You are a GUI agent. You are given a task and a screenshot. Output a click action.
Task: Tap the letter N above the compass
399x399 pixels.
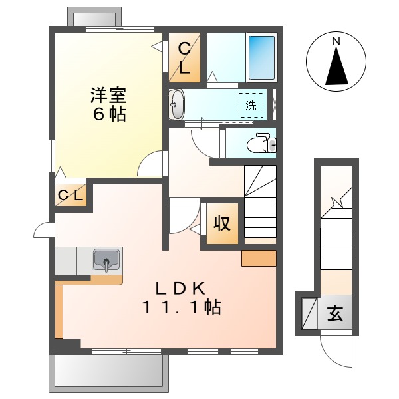tap(336, 41)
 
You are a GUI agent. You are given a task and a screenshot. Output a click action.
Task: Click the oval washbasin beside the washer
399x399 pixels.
tap(177, 105)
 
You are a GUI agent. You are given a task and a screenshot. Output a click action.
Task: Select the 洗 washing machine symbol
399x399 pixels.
tap(251, 105)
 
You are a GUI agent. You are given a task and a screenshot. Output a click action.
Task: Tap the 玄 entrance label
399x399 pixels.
tap(336, 313)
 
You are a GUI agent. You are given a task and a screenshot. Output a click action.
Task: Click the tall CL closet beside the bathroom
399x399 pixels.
tap(184, 58)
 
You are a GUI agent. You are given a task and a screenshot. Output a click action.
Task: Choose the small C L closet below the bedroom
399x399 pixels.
tap(70, 196)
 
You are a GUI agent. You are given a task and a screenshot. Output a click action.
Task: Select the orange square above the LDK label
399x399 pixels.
tap(259, 259)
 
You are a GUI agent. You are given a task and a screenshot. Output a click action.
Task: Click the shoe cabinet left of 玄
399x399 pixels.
tap(309, 313)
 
